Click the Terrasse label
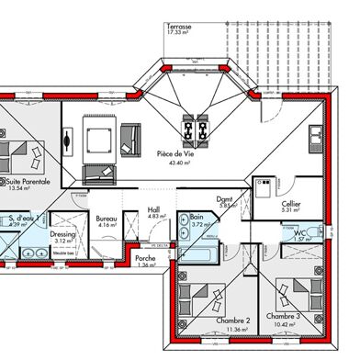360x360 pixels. pyautogui.click(x=180, y=28)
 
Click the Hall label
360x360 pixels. pyautogui.click(x=154, y=209)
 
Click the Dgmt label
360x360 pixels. pyautogui.click(x=224, y=199)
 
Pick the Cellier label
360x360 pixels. pyautogui.click(x=291, y=204)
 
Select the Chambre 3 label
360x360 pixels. pyautogui.click(x=283, y=316)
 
